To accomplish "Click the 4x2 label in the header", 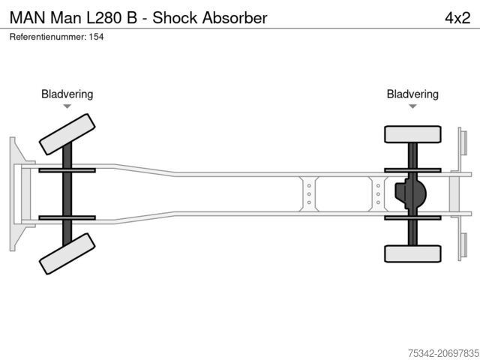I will pyautogui.click(x=457, y=17).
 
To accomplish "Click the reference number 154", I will pyautogui.click(x=96, y=36).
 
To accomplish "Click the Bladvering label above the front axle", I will pyautogui.click(x=67, y=94).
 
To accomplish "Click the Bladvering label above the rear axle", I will pyautogui.click(x=412, y=94).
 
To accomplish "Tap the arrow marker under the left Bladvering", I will pyautogui.click(x=67, y=107).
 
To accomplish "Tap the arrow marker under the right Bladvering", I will pyautogui.click(x=412, y=107).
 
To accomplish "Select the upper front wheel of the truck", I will pyautogui.click(x=67, y=134).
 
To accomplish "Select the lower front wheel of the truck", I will pyautogui.click(x=67, y=253).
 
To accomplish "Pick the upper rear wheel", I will pyautogui.click(x=412, y=134).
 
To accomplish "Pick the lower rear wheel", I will pyautogui.click(x=412, y=253).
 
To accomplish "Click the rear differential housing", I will pyautogui.click(x=411, y=194).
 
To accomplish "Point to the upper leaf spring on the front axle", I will pyautogui.click(x=67, y=170).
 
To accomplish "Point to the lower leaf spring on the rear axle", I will pyautogui.click(x=412, y=217).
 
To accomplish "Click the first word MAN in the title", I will pyautogui.click(x=25, y=17).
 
